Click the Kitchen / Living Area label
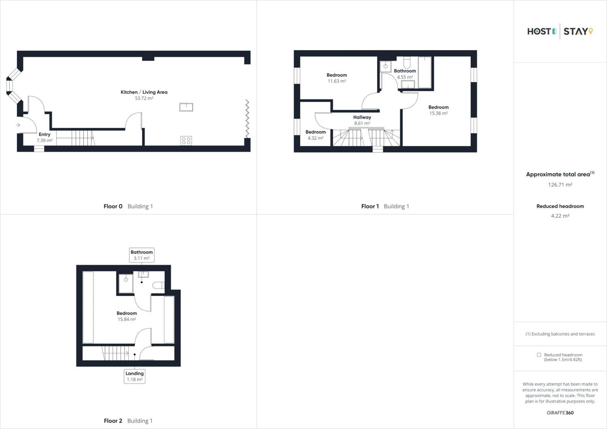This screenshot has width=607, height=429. tap(144, 92)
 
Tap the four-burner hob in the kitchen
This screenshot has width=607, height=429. tap(186, 141)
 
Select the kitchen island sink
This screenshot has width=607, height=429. tap(186, 107)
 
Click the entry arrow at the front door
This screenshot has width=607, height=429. tap(18, 125)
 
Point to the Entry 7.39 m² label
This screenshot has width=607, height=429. tap(45, 137)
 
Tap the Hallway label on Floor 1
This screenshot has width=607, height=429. tap(362, 117)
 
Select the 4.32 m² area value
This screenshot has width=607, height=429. tap(316, 138)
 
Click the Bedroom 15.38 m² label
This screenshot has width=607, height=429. tap(438, 110)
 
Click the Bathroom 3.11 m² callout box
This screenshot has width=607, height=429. tap(142, 255)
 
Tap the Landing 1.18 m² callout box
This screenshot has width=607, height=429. tap(134, 376)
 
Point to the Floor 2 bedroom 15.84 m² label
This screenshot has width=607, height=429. tap(127, 316)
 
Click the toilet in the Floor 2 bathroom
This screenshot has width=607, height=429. tap(158, 285)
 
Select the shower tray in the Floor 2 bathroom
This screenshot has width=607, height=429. tap(126, 283)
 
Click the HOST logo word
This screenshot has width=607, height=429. tap(539, 32)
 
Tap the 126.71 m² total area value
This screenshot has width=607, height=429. tap(560, 185)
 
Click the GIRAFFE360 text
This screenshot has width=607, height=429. tap(560, 413)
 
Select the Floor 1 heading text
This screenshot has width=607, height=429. tap(370, 206)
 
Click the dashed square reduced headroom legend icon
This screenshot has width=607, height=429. tap(539, 355)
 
